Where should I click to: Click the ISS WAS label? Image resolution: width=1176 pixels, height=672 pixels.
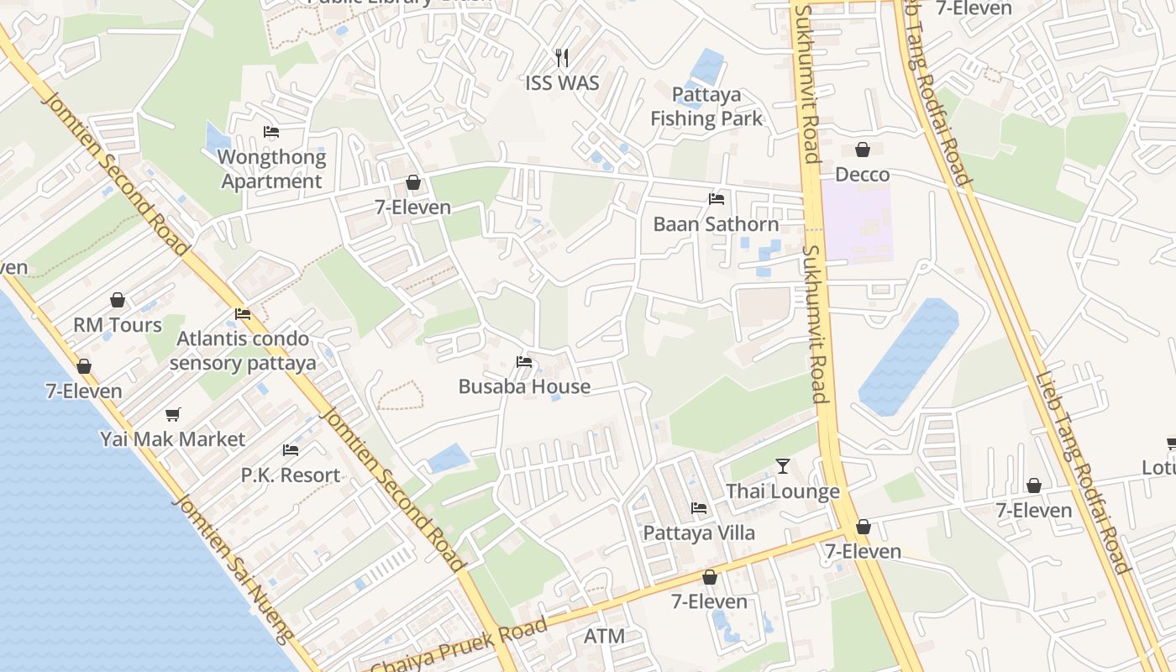pos(562,82)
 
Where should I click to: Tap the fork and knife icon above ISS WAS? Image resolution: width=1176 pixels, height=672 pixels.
pos(562,57)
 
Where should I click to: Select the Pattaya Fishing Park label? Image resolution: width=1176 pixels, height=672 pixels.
pos(706,107)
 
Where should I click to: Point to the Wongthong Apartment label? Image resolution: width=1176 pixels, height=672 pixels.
pos(271,169)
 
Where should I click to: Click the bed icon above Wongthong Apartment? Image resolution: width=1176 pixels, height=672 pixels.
pos(271,132)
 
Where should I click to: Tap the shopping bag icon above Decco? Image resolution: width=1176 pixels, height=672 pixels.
pos(862,150)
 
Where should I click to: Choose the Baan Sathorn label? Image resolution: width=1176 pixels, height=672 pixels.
pos(716,224)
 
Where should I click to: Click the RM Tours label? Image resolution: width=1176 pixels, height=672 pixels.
pos(118,325)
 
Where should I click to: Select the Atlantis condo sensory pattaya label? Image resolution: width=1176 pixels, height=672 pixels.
pos(243,351)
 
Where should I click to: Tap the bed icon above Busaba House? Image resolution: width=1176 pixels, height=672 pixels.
pos(524,362)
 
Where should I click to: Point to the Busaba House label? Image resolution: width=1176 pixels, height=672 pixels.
pos(524,386)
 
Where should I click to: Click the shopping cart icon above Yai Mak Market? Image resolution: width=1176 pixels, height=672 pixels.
pos(173,414)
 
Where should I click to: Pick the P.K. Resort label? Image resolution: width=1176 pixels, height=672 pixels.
pos(291,475)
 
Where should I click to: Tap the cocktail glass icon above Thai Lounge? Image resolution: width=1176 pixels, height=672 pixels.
pos(783,466)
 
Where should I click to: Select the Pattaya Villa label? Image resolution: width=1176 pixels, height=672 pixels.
pos(699,533)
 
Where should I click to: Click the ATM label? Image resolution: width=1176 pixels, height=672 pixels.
pos(604,636)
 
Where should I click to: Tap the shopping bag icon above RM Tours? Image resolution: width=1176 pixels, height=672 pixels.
pos(118,300)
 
